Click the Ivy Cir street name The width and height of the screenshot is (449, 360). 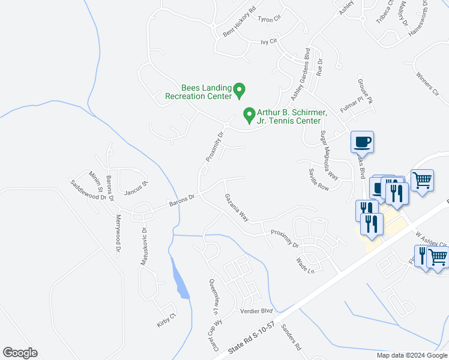pyautogui.click(x=269, y=41)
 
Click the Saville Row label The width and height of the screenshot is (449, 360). pyautogui.click(x=319, y=179)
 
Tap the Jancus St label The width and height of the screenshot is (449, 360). pyautogui.click(x=136, y=188)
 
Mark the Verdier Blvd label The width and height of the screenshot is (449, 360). pyautogui.click(x=256, y=311)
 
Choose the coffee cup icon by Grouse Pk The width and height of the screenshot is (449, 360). pyautogui.click(x=363, y=142)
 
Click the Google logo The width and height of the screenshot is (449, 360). pyautogui.click(x=20, y=353)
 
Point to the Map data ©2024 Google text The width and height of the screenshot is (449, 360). pyautogui.click(x=411, y=355)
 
